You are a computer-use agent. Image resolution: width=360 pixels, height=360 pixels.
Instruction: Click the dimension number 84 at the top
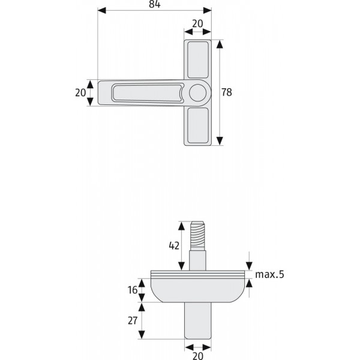click(x=155, y=4)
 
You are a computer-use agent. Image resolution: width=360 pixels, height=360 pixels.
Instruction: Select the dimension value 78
click(x=227, y=92)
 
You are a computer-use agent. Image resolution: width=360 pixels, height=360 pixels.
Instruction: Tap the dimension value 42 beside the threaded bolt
click(x=174, y=245)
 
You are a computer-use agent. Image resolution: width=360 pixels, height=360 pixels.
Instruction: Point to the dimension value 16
click(x=133, y=290)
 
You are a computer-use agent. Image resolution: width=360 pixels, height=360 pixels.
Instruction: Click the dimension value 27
click(x=133, y=320)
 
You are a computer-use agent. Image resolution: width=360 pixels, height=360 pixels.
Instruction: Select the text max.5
click(x=269, y=274)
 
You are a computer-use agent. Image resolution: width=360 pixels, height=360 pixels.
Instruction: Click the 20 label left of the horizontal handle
click(x=80, y=93)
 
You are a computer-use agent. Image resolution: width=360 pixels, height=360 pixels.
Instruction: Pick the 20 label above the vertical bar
click(x=197, y=23)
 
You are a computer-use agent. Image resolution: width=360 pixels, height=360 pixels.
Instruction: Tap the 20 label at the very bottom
click(x=197, y=356)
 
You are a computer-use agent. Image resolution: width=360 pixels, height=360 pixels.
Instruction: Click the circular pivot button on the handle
click(x=197, y=93)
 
